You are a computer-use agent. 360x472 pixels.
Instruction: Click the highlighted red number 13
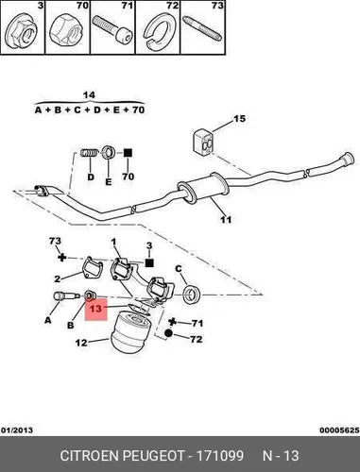coord(95,309)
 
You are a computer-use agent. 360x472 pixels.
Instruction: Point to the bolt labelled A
coord(64,296)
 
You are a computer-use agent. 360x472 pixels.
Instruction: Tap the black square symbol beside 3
coord(149,262)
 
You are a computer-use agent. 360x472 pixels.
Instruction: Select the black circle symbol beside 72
coord(168,333)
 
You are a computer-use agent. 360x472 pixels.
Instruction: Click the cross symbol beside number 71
coord(172,322)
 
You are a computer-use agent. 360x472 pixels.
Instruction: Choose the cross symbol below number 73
coord(62,258)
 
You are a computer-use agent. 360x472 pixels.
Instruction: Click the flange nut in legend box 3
coord(22,31)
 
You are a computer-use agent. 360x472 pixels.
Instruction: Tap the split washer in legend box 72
coord(159,31)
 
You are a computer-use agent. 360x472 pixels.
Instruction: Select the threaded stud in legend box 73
coord(202,28)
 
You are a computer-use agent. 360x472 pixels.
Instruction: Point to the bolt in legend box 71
coord(112,29)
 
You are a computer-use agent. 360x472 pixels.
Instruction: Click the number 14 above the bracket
coord(89,94)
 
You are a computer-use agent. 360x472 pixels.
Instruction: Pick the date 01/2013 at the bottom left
coord(18,430)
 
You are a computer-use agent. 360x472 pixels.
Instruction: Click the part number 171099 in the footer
coord(220,455)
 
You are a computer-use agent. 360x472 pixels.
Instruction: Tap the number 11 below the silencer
coord(226,219)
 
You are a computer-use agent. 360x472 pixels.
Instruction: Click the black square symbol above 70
coord(128,153)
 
